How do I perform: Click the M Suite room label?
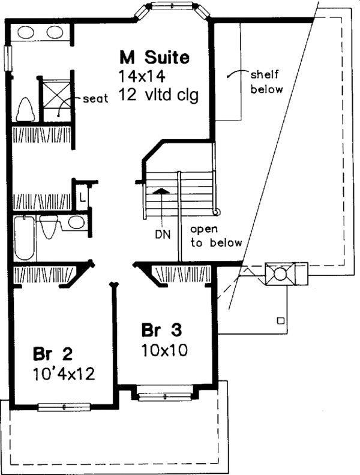point(154,58)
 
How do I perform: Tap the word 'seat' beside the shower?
point(96,100)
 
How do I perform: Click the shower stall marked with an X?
point(56,96)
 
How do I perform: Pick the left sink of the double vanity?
point(26,33)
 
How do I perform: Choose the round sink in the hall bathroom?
point(76,223)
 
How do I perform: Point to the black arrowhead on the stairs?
point(161,190)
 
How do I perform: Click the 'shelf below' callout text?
point(263,82)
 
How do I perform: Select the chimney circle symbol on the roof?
point(280,275)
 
